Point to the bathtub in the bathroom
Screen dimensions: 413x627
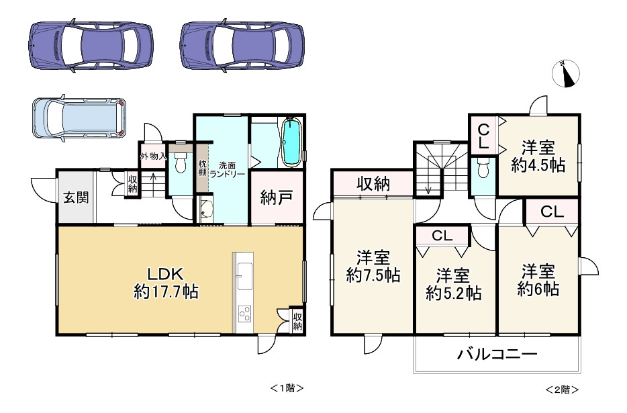pos(292,142)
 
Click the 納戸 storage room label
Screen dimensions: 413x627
pos(277,198)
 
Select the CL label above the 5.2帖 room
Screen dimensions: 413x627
pos(442,236)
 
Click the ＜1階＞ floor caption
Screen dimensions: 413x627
pos(287,387)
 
